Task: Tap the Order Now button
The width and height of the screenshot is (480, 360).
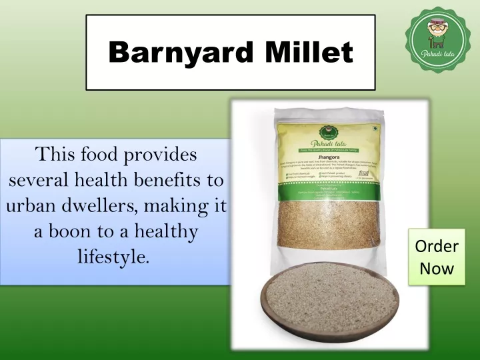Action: pos(437,258)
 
